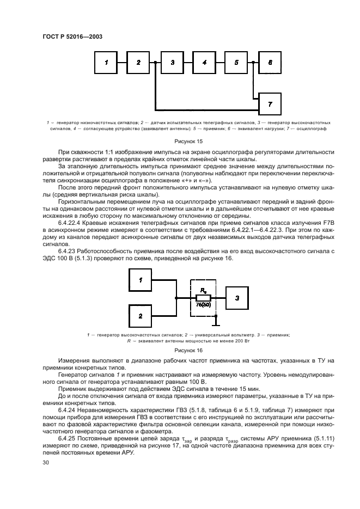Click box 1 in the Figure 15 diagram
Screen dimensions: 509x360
[x=106, y=63]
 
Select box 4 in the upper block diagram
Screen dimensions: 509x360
[x=204, y=63]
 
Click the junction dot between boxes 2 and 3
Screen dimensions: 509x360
[x=155, y=63]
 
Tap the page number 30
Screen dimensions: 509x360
[x=46, y=462]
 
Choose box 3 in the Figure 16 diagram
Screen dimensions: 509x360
[x=237, y=298]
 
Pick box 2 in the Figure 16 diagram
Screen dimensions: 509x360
[x=141, y=316]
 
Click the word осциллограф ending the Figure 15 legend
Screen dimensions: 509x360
[x=314, y=129]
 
